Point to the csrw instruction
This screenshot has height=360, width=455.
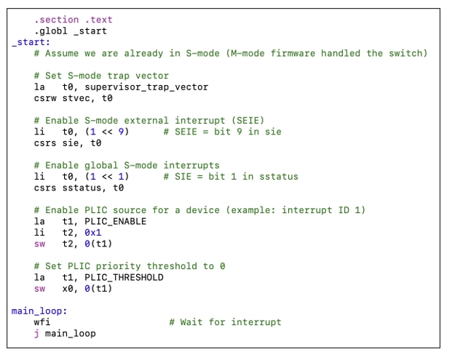[45, 98]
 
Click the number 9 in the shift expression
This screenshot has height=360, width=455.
[124, 132]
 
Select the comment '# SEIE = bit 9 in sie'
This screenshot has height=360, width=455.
[222, 132]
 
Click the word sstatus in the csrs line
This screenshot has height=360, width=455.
[84, 188]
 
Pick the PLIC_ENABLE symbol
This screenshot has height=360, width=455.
[115, 221]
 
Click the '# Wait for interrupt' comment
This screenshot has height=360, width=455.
[225, 322]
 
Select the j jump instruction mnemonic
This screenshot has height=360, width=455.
[36, 333]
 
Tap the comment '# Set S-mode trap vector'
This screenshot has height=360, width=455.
[101, 76]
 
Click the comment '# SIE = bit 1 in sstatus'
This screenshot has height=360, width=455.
[231, 177]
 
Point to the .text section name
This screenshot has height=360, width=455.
[98, 20]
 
